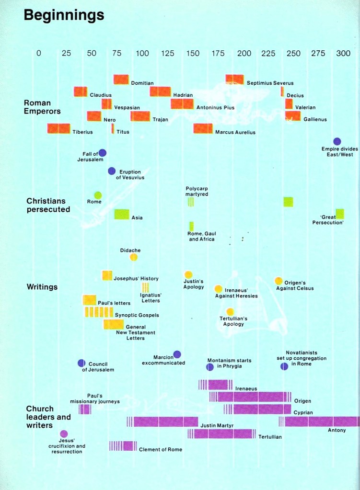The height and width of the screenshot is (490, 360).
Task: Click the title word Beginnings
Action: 64,15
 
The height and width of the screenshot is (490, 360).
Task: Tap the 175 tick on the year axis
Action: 218,53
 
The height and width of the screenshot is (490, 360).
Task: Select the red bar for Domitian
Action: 121,80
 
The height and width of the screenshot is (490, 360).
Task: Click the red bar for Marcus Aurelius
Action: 203,128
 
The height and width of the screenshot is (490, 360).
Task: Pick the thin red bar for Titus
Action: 113,128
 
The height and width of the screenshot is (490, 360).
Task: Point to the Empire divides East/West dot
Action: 337,141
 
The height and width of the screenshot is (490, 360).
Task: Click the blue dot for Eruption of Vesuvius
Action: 112,171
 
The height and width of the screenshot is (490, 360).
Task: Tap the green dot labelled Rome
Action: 98,195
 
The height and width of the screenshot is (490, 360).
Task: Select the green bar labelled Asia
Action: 122,214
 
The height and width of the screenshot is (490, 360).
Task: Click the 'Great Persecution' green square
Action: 340,214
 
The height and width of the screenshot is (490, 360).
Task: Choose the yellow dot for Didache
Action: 134,257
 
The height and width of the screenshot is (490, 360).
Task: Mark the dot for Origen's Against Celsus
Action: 279,281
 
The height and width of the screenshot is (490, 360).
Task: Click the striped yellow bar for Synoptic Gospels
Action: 99,312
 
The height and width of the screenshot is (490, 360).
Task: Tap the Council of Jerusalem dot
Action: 81,363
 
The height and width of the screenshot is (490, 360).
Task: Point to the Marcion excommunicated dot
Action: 177,354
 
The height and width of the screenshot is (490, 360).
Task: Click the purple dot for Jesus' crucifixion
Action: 64,434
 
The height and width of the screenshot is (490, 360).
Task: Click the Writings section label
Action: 42,287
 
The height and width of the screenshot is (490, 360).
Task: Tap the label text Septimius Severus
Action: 270,83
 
